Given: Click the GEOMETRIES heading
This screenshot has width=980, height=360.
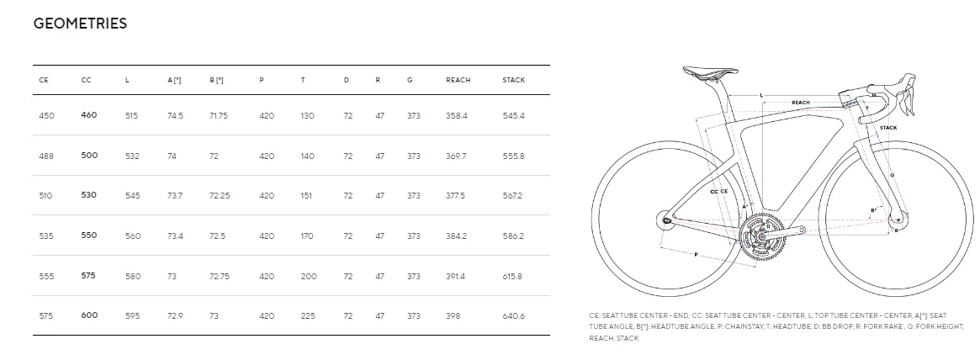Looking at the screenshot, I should pyautogui.click(x=80, y=24).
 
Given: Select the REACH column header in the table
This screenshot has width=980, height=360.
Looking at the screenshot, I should pyautogui.click(x=458, y=80).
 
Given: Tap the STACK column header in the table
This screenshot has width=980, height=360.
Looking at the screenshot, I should pyautogui.click(x=513, y=80).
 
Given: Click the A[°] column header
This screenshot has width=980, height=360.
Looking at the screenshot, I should pyautogui.click(x=174, y=80).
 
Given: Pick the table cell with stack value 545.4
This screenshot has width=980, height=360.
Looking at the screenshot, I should pyautogui.click(x=513, y=115).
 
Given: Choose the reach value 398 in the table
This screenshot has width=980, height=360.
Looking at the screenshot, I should pyautogui.click(x=453, y=315).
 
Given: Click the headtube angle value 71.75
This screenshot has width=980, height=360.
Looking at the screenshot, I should pyautogui.click(x=218, y=115).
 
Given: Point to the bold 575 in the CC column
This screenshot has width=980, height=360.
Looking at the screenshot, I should pyautogui.click(x=88, y=275).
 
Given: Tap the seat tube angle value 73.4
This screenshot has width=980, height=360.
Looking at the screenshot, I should pyautogui.click(x=175, y=236).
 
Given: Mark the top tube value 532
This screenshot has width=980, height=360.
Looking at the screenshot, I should pyautogui.click(x=133, y=156).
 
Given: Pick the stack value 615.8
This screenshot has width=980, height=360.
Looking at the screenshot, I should pyautogui.click(x=513, y=276).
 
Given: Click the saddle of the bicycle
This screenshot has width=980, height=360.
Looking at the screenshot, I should pyautogui.click(x=705, y=73).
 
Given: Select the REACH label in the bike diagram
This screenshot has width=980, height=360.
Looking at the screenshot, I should pyautogui.click(x=800, y=103).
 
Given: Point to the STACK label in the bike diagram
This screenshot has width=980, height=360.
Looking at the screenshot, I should pyautogui.click(x=887, y=128).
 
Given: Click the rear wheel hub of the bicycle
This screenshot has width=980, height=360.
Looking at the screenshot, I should pyautogui.click(x=666, y=221).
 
